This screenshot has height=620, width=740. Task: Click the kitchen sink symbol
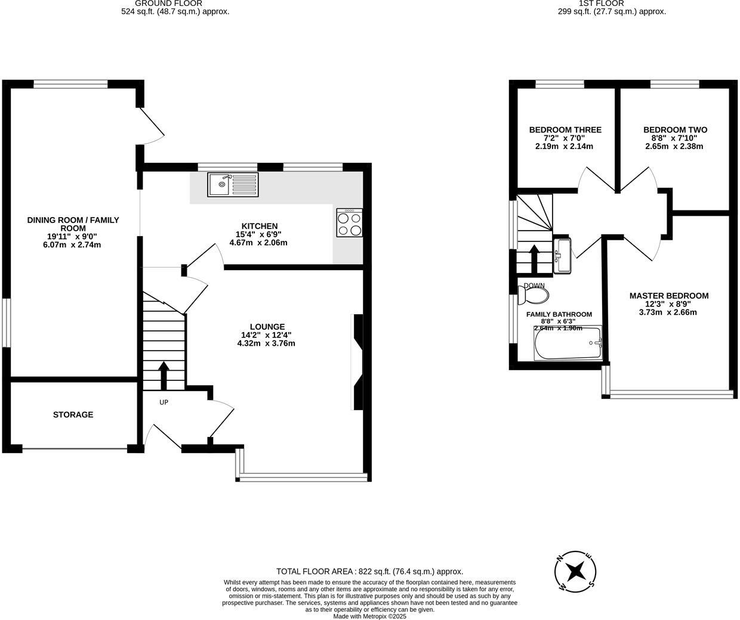click(x=233, y=184)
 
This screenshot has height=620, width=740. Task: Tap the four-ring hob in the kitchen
click(x=349, y=223)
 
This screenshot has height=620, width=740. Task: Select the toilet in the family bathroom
click(x=534, y=294)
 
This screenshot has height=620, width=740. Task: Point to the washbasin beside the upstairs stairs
click(x=562, y=255)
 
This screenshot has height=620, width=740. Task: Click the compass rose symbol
click(x=575, y=572)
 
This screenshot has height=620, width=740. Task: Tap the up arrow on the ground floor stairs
click(x=164, y=374)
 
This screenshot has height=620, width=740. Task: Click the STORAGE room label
click(x=73, y=414)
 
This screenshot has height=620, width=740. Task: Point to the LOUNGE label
click(x=267, y=327)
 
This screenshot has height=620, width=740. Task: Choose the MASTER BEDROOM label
click(x=668, y=296)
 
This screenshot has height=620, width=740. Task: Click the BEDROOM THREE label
click(x=565, y=130)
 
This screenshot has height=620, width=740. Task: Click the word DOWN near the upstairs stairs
click(x=534, y=286)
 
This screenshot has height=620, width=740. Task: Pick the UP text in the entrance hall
click(x=164, y=402)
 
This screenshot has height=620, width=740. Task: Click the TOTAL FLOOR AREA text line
click(x=369, y=571)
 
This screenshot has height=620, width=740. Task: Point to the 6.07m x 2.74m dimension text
click(x=73, y=244)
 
